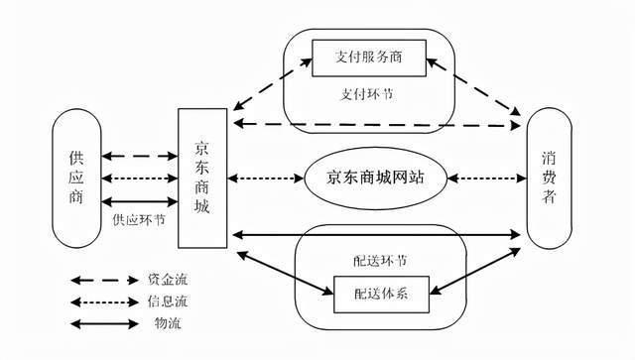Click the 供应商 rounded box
coord(76,179)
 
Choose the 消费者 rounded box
coord(550,179)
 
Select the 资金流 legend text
coord(176,281)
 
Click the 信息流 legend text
coord(176,301)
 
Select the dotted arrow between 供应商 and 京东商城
coord(139,179)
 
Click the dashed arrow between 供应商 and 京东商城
coord(139,156)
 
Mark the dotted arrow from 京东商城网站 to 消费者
coord(487,179)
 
